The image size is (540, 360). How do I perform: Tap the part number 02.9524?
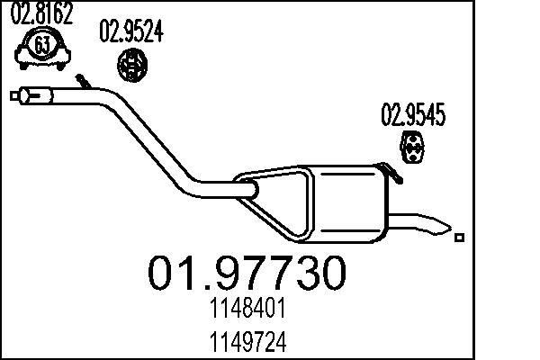[130, 33]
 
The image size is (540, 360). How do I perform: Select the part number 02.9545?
[414, 115]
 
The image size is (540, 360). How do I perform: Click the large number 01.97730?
[245, 272]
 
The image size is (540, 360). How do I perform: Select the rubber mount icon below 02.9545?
[413, 150]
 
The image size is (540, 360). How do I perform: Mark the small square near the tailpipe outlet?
[460, 238]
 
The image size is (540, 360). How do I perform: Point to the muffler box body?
[346, 202]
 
